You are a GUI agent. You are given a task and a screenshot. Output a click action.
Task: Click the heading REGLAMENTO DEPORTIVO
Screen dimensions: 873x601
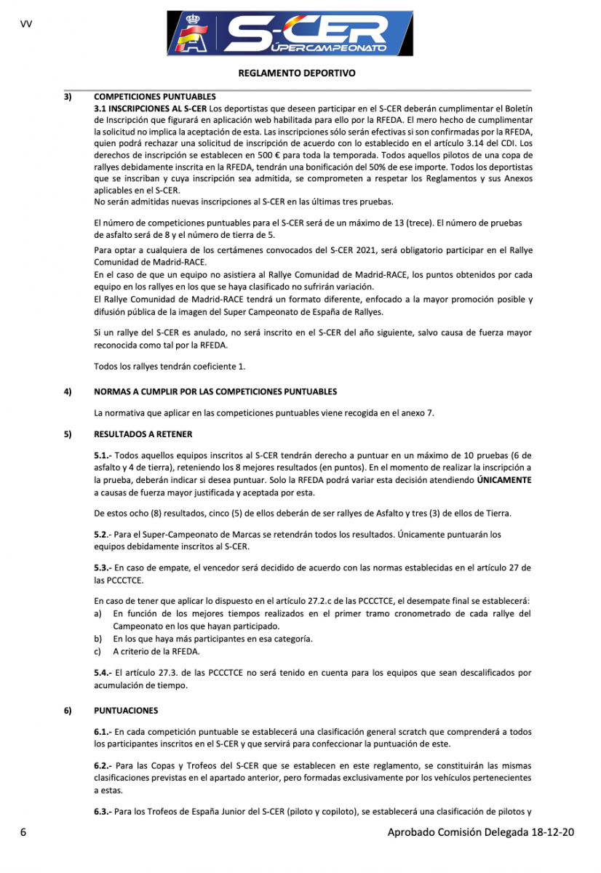click(x=296, y=73)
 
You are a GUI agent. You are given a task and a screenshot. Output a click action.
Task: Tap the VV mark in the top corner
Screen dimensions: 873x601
click(x=26, y=24)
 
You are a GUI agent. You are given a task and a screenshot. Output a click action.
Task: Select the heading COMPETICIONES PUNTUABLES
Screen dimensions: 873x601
click(x=155, y=97)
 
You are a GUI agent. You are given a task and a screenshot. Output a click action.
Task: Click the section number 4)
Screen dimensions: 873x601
click(x=68, y=391)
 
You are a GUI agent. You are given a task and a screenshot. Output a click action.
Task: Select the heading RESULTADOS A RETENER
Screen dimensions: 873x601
click(x=143, y=434)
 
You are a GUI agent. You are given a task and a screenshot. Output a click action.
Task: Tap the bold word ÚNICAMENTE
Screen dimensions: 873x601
click(x=504, y=480)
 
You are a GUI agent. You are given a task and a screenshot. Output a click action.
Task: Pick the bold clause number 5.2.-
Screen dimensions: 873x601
click(x=103, y=534)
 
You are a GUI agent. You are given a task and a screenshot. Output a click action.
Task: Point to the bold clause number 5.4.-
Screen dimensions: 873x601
click(x=103, y=673)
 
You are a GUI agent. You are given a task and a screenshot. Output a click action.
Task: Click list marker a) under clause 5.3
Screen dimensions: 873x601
click(x=98, y=614)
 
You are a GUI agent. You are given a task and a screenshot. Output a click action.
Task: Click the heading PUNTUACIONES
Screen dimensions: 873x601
click(x=126, y=710)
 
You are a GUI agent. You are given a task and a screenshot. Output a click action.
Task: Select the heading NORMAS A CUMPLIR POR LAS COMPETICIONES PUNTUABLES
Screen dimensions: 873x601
click(x=215, y=391)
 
